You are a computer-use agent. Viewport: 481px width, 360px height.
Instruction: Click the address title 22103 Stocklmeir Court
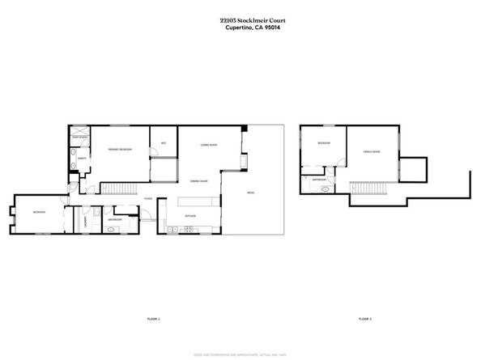[x=240, y=23]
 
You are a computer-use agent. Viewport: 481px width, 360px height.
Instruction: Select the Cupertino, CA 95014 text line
[x=240, y=28]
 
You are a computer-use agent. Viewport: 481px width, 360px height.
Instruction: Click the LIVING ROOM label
[x=209, y=145]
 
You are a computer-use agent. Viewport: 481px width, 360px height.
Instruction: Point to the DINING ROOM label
[x=199, y=181]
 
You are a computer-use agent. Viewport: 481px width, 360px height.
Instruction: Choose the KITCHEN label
[x=191, y=217]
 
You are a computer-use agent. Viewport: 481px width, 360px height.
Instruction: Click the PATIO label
[x=251, y=192]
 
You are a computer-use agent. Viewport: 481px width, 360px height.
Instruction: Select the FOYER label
[x=148, y=198]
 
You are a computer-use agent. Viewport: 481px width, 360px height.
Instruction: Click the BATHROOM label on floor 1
[x=114, y=219]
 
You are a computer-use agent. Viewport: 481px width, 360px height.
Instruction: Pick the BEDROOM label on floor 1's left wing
[x=39, y=212]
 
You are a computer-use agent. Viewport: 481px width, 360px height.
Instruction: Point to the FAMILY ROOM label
[x=372, y=151]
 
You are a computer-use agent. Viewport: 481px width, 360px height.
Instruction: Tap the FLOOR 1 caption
[x=153, y=320]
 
